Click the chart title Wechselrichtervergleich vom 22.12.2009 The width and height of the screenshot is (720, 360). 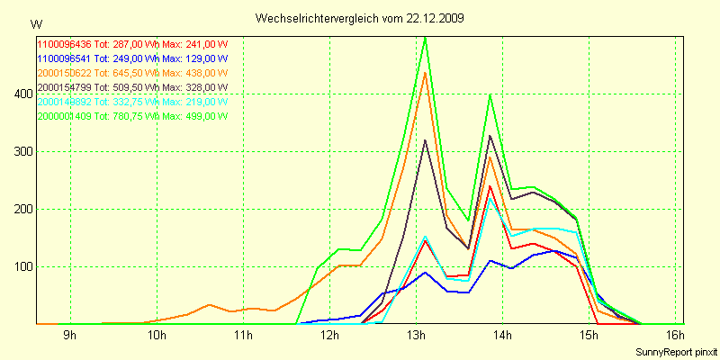pos(360,18)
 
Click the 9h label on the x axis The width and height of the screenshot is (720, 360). pos(69,336)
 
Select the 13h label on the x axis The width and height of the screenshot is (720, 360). pos(416,336)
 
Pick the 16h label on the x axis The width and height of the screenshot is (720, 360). pos(676,336)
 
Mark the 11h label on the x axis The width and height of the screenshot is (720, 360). pos(243,336)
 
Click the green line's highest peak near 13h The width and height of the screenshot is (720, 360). pos(425,38)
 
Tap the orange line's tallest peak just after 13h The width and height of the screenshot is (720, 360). pos(425,72)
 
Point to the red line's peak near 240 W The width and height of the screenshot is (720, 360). pos(490,186)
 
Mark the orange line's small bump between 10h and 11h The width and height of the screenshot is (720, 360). pos(210,305)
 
